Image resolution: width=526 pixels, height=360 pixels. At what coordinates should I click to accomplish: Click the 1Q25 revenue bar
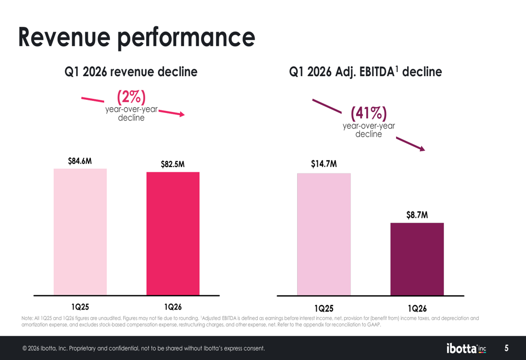(x=80, y=232)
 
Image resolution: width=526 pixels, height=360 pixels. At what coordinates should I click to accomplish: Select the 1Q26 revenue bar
(x=173, y=234)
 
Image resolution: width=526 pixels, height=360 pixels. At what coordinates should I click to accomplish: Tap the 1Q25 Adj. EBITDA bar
(x=323, y=234)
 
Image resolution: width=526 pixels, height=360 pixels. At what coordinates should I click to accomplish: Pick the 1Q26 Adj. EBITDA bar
(x=417, y=259)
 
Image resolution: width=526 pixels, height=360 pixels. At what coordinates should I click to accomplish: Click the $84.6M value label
(x=80, y=161)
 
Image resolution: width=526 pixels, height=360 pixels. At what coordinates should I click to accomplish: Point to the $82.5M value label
(x=173, y=164)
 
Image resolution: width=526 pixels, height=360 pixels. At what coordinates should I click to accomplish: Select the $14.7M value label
(x=323, y=164)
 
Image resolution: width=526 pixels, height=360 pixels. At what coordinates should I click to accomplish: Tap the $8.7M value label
(x=417, y=215)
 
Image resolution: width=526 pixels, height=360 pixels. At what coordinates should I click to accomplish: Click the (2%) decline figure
(x=131, y=97)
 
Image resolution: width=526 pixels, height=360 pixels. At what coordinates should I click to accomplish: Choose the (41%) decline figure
(x=369, y=113)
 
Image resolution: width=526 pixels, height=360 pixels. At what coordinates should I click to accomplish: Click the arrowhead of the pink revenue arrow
(x=182, y=114)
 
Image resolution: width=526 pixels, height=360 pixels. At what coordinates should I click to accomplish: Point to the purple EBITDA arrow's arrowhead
(x=422, y=148)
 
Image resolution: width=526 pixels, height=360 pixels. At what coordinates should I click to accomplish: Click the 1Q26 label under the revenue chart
(x=173, y=307)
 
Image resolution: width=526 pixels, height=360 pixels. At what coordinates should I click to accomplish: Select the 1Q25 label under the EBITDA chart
(x=323, y=308)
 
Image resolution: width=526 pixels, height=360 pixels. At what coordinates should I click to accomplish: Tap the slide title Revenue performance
(x=137, y=37)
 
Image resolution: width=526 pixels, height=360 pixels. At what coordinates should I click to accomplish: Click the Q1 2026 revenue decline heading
(x=131, y=71)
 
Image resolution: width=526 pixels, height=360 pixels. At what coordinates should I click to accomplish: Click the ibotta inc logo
(x=466, y=348)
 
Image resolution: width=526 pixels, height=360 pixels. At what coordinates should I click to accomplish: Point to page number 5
(x=506, y=348)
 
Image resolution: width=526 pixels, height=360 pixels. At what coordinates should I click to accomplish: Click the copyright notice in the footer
(x=144, y=348)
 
